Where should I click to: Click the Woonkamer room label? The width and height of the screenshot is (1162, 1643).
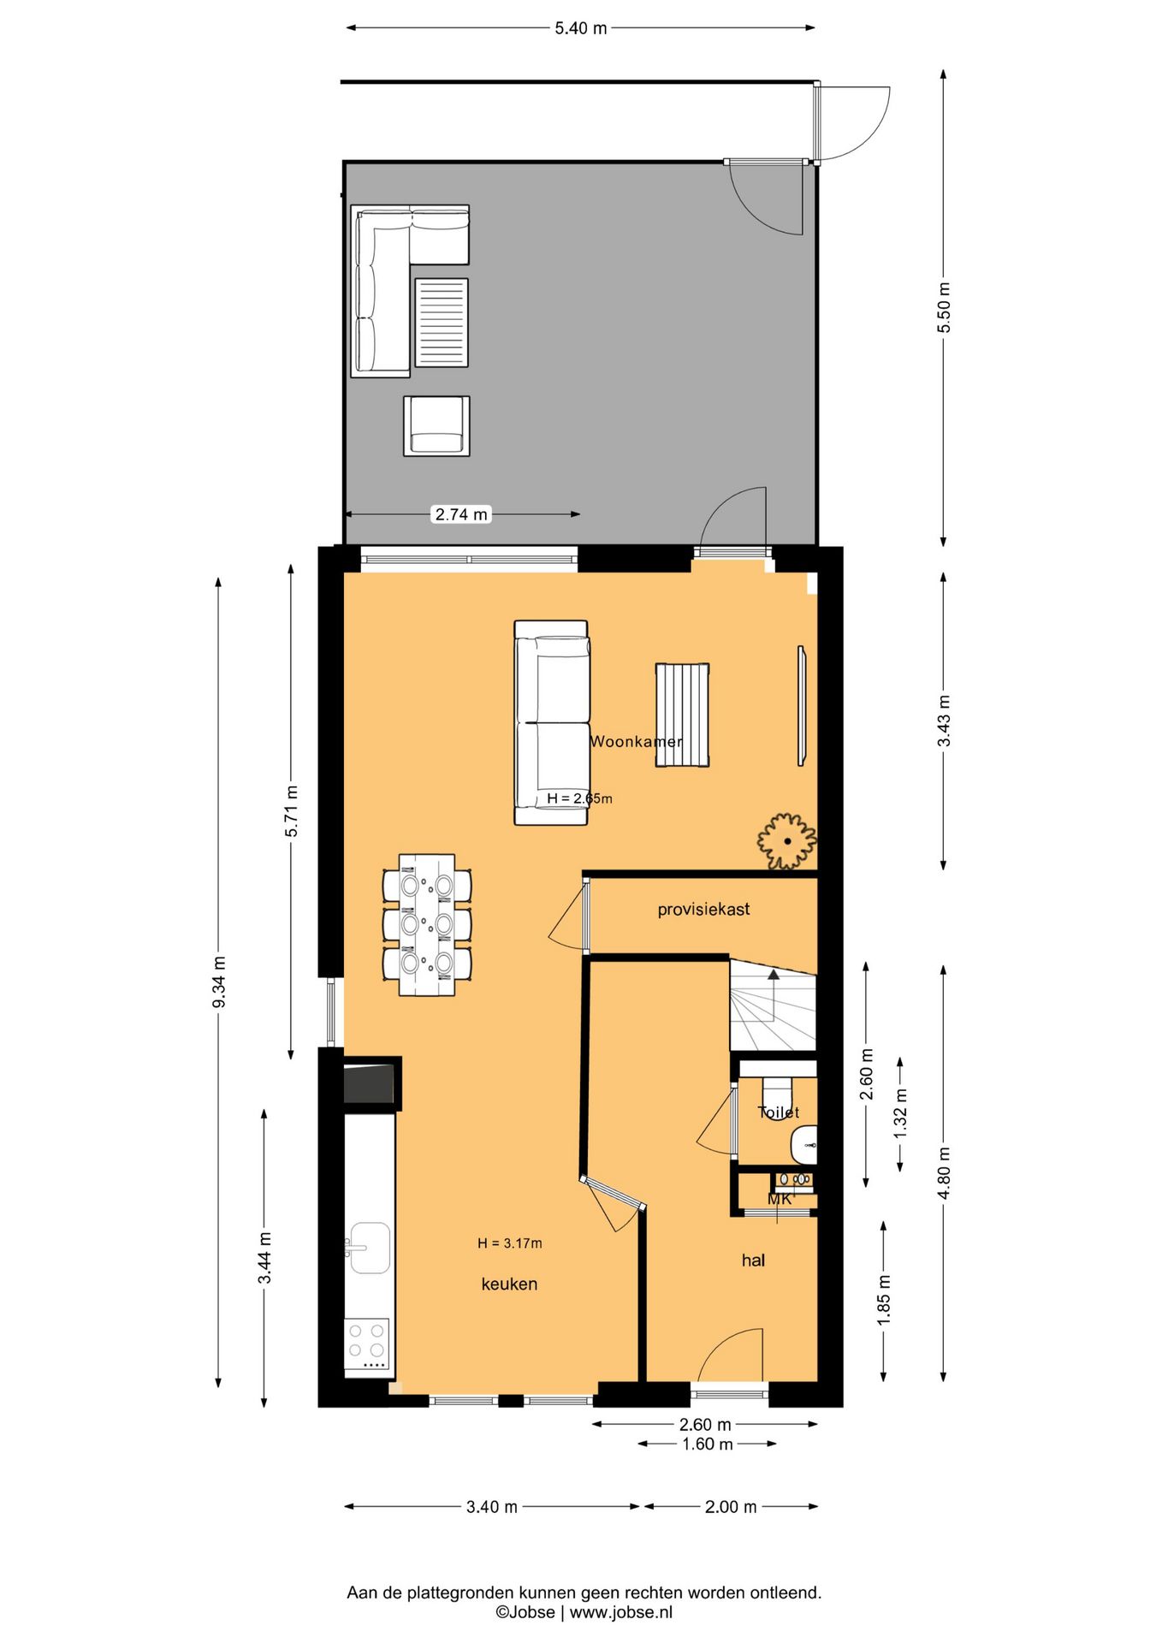coord(637,742)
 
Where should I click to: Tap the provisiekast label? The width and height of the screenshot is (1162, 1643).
coord(703,910)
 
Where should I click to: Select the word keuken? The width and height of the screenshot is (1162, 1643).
coord(509,1284)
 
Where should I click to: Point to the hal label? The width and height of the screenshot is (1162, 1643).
coord(753,1260)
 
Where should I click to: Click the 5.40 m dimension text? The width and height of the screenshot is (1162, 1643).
coord(581,28)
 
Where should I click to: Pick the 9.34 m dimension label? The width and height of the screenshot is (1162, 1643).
coord(219,982)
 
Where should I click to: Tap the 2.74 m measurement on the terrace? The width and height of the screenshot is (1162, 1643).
coord(461,514)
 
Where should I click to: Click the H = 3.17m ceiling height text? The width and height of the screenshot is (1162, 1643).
coord(510,1243)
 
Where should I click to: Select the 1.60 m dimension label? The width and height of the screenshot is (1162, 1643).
coord(708,1444)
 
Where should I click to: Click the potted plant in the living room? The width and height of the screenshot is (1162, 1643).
coord(787,842)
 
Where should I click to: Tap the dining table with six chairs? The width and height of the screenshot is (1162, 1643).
coord(427,925)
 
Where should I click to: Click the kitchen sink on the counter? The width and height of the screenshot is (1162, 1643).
coord(369,1248)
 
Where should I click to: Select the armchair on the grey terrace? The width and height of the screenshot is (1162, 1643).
coord(436,425)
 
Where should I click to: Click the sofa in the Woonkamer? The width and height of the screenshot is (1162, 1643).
coord(551,723)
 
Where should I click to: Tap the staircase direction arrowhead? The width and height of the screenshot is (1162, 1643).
coord(774,974)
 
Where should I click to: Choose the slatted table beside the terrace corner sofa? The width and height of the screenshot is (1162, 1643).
coord(442,323)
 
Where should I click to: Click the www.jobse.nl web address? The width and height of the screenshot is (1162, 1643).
coord(621,1612)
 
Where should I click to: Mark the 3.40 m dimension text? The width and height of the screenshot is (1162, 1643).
coord(492,1507)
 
